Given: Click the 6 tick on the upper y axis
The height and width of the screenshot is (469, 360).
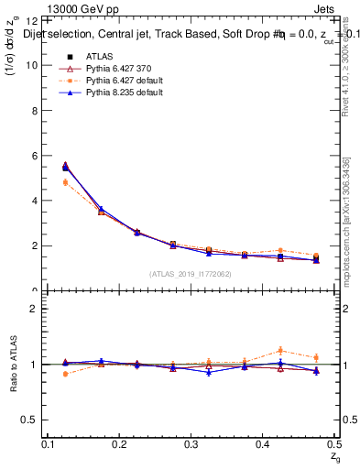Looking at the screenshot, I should pyautogui.click(x=36, y=156).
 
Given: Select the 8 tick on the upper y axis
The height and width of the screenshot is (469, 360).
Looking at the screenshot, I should pyautogui.click(x=36, y=110).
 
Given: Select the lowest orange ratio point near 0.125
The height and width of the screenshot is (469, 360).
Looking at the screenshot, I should pyautogui.click(x=65, y=374).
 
